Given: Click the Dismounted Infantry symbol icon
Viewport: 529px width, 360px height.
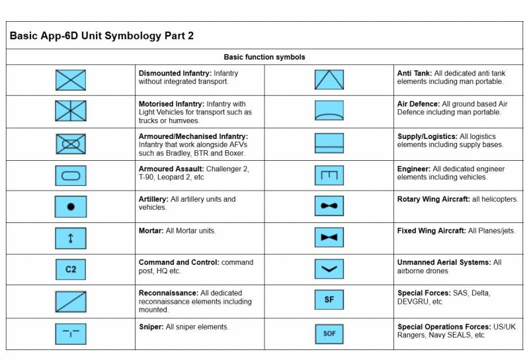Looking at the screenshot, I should click(70, 80).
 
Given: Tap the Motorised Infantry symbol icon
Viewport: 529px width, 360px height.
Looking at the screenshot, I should click(70, 111).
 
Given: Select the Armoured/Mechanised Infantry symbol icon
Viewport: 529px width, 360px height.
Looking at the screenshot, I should click(70, 144).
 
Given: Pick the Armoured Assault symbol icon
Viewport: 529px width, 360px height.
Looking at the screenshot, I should click(70, 175).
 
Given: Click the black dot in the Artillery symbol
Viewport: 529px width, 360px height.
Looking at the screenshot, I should click(71, 206).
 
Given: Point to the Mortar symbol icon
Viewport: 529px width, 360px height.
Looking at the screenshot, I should click(70, 238).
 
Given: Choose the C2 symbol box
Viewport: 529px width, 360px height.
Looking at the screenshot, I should click(70, 269).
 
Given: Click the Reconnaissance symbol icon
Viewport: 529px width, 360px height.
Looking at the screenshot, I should click(70, 301).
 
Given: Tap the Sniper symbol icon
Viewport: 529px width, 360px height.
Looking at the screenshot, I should click(70, 334).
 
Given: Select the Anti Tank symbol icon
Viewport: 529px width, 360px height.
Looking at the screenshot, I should click(329, 80).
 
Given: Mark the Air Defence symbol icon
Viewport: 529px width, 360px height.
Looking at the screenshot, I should click(329, 111).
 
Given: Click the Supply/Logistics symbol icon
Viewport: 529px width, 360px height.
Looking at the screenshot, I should click(329, 144).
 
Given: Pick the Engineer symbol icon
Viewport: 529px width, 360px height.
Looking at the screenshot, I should click(329, 175).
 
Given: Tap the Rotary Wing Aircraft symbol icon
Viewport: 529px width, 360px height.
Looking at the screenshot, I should click(329, 206).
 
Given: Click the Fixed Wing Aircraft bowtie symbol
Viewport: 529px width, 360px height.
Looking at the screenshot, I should click(329, 237).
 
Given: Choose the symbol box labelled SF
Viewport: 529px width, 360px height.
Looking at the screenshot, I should click(329, 300).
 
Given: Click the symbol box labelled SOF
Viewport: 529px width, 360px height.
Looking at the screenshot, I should click(329, 334).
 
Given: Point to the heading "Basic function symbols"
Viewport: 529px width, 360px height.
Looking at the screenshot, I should click(264, 58).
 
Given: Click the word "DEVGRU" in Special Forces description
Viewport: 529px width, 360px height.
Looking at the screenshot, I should click(415, 301).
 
